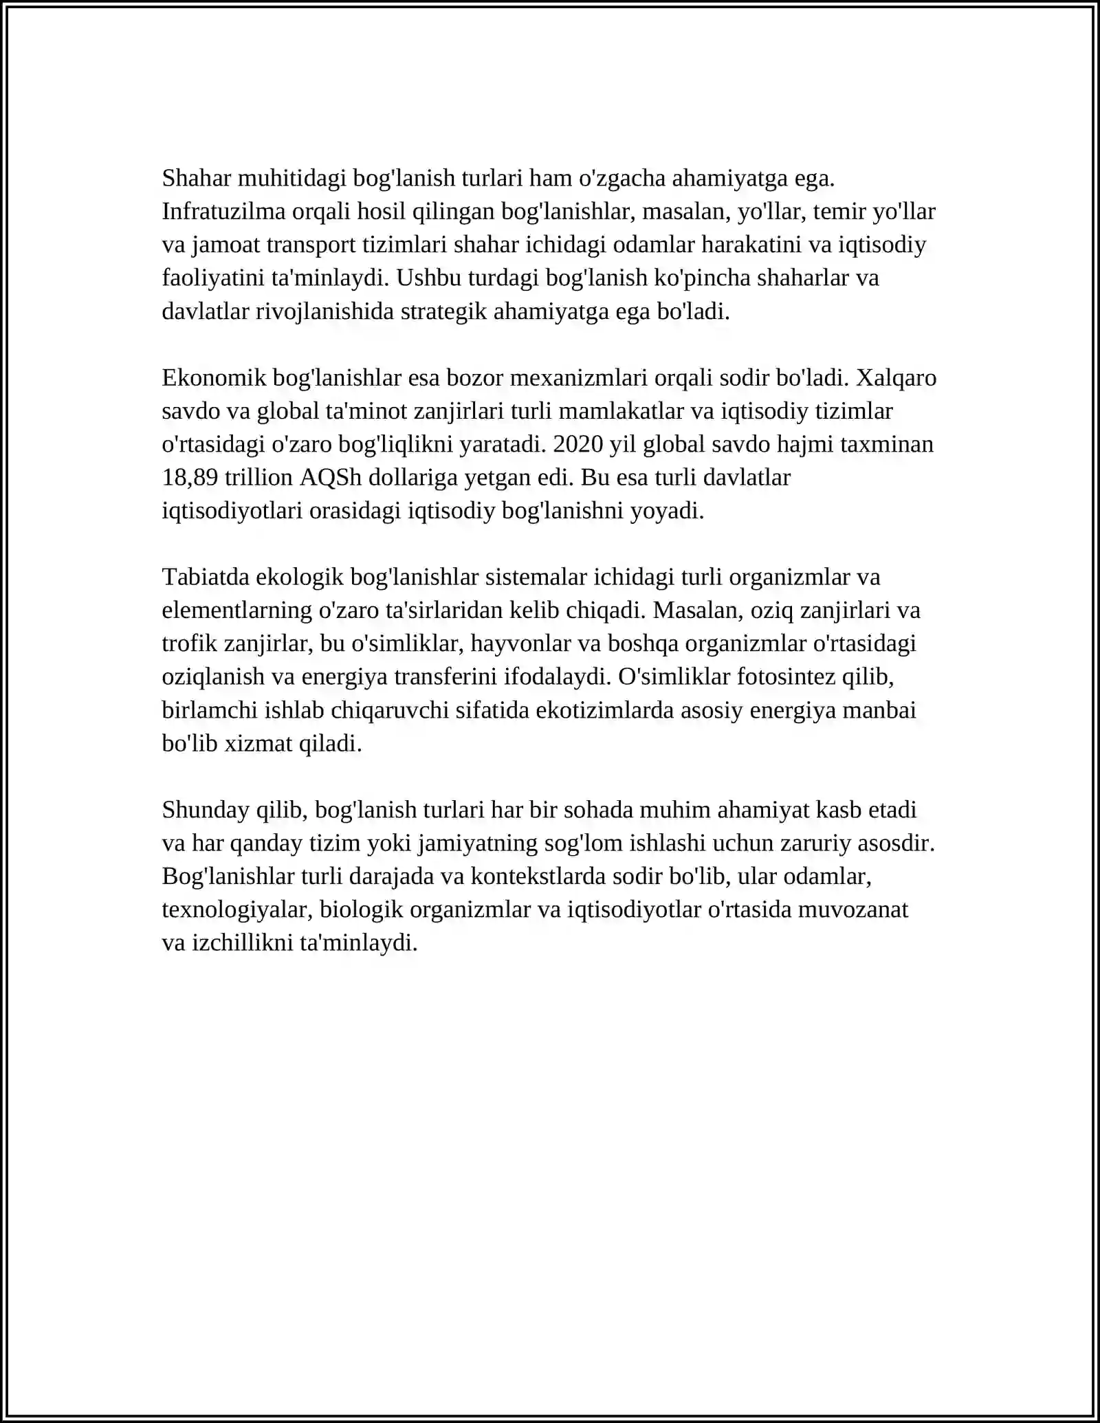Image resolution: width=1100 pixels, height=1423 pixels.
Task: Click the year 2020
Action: tap(577, 445)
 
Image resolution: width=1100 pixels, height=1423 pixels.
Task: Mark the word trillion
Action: tap(258, 478)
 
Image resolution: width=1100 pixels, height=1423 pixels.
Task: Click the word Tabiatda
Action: tap(206, 577)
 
